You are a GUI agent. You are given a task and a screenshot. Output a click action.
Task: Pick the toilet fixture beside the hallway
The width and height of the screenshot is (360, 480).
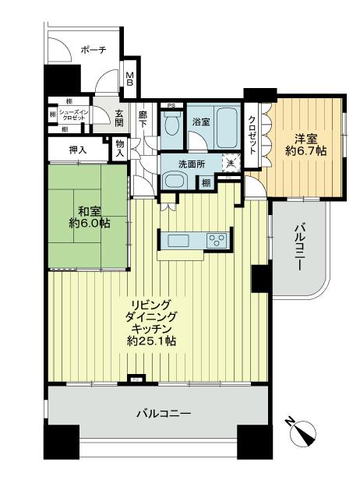(x=171, y=124)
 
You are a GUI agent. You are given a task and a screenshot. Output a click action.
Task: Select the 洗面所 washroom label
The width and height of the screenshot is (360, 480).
(x=189, y=164)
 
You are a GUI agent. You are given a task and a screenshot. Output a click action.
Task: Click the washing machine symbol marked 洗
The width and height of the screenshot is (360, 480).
(x=229, y=164)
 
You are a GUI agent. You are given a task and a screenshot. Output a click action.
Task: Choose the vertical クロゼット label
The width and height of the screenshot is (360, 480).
(x=252, y=132)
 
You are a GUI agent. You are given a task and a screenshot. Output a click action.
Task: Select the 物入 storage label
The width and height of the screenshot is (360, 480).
(x=119, y=148)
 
